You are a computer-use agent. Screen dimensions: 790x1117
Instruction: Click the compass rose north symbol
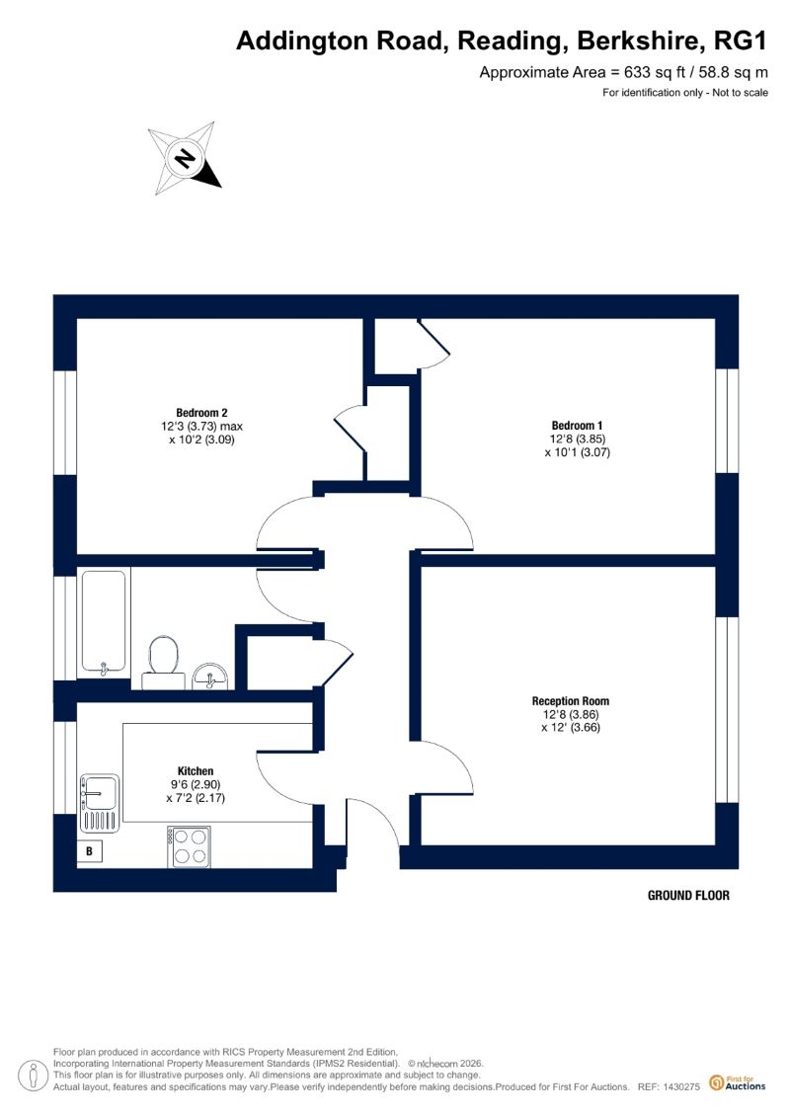tap(186, 158)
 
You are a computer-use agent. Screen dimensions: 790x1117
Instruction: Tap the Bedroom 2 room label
tap(201, 413)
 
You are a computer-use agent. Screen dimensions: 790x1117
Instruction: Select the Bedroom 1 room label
tap(577, 426)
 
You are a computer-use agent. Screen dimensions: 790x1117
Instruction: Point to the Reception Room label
tap(571, 701)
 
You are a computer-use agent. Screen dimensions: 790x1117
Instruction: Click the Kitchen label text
tap(196, 770)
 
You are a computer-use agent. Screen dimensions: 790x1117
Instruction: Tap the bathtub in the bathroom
tap(104, 622)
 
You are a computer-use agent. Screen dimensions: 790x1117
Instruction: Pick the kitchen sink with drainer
tap(99, 803)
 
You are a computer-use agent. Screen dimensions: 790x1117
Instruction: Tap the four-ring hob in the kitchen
tap(190, 846)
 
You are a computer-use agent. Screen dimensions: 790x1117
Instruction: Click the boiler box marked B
tap(90, 850)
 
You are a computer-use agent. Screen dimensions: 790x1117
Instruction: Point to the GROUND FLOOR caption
tap(688, 896)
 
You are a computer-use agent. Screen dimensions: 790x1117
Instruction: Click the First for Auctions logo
tap(738, 1083)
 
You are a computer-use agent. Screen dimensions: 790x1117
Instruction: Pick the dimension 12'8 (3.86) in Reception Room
tap(571, 714)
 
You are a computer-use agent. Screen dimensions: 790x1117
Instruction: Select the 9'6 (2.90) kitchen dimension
tap(196, 784)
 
